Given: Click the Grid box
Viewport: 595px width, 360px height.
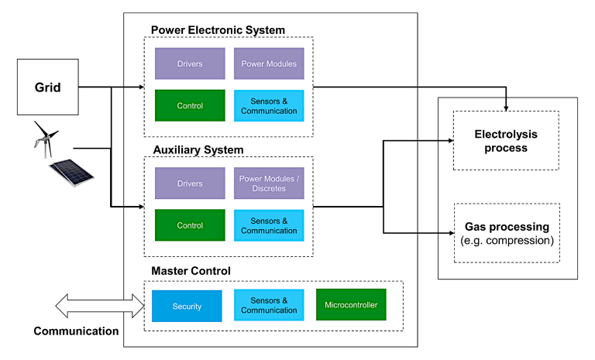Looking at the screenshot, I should pos(48,87).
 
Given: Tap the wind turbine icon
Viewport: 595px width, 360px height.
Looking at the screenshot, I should pos(44,138).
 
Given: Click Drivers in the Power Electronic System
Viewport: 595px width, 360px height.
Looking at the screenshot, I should pos(190,63).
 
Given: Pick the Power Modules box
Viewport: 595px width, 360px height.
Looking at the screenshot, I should pos(269,63).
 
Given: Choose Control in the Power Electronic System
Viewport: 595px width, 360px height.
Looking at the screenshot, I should pos(190,105).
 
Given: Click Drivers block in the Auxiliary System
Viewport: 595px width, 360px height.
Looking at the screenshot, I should pos(190,183).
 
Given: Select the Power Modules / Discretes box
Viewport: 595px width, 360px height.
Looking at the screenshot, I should pos(269,183).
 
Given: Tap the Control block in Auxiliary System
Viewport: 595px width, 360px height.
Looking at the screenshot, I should pos(190,225).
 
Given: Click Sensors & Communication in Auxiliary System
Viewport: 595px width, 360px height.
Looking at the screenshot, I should pos(269,225).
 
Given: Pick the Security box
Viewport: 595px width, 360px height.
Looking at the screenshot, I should pos(187,306).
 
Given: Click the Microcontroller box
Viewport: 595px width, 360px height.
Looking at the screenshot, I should pos(351,305).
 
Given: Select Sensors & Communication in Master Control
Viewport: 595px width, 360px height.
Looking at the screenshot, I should pos(269,306).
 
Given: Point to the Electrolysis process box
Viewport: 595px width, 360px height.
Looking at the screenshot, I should pos(506,140).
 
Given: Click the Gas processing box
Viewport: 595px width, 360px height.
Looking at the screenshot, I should pos(506,232).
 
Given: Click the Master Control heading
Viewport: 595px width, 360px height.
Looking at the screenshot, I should pos(191,270).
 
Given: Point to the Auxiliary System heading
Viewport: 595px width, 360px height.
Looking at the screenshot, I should pos(197,149).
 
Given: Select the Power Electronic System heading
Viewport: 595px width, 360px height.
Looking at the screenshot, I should pos(218,30).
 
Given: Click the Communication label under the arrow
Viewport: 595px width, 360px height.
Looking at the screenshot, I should pos(76,331).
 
